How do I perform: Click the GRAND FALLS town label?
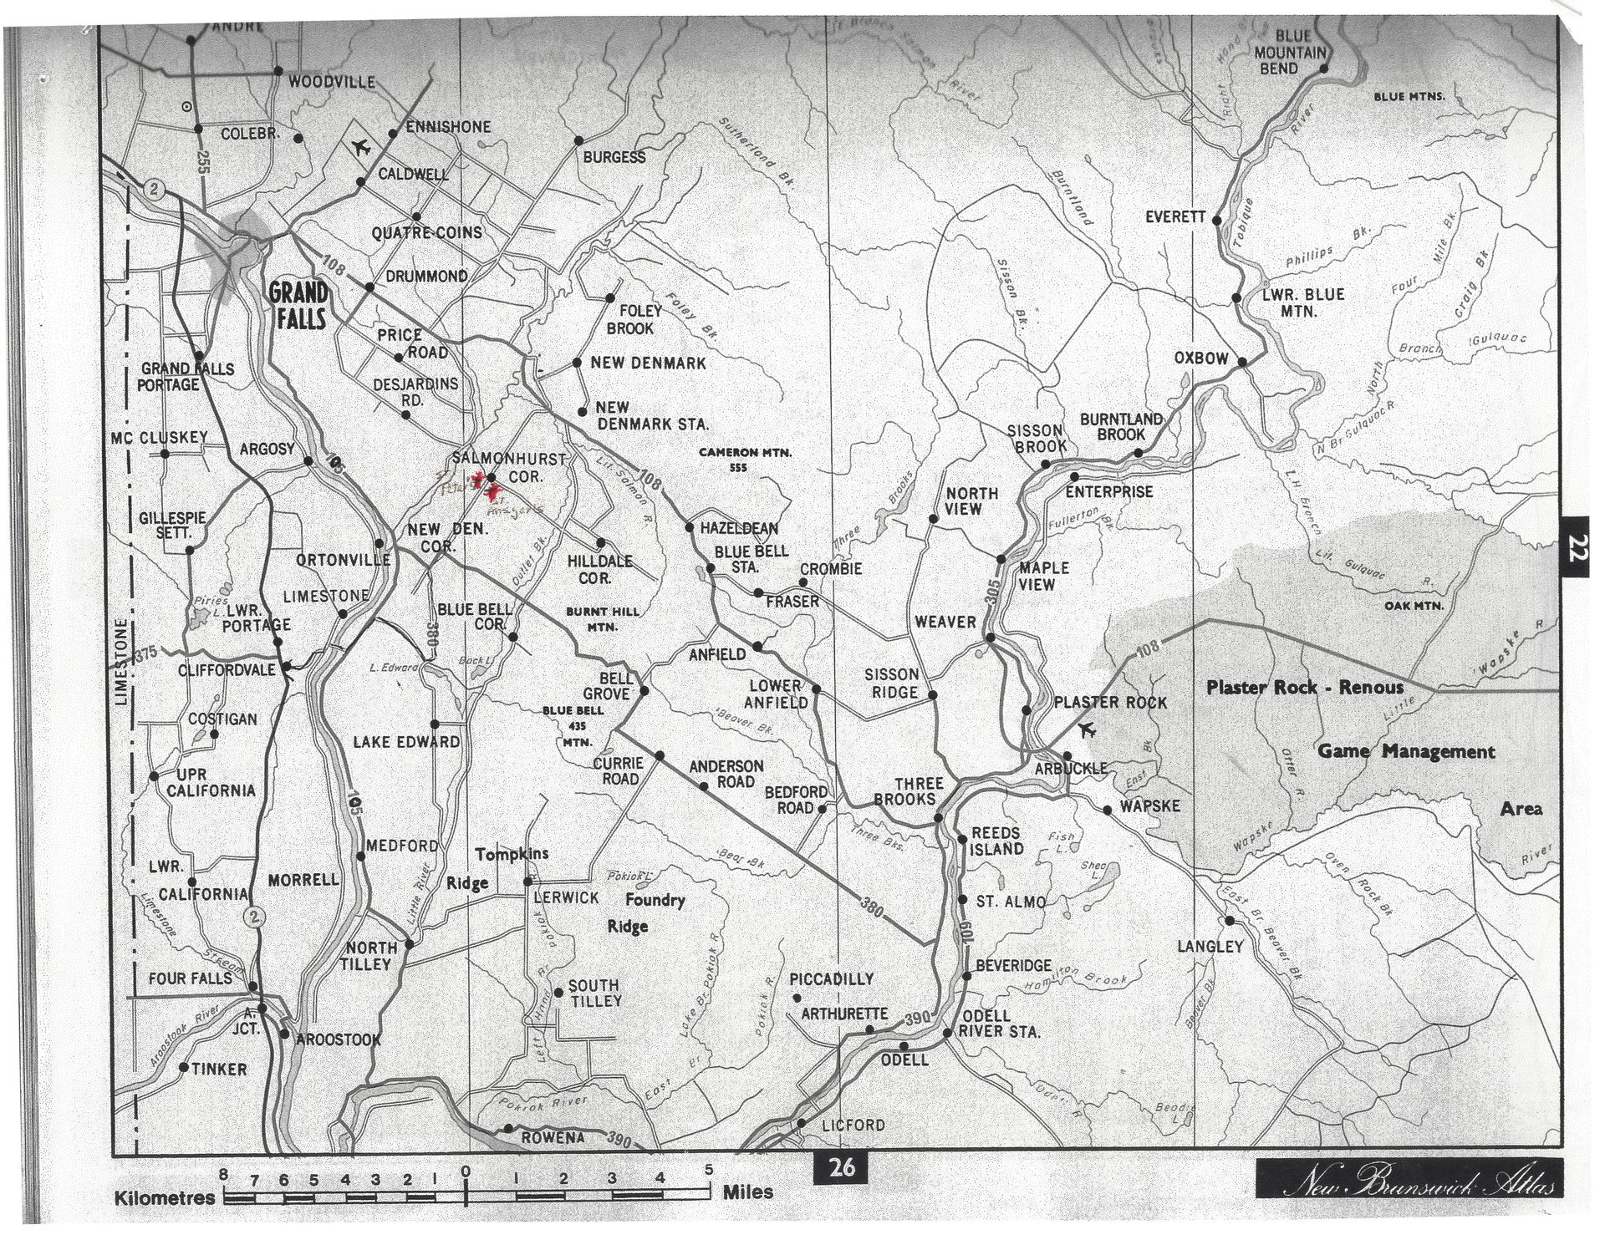coord(298,306)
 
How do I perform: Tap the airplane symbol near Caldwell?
coord(361,149)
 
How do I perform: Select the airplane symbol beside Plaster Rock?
coord(1087,729)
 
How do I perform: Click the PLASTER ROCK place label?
coord(1109,702)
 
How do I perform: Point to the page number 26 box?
coord(841,1166)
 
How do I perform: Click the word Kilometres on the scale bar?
coord(164,1197)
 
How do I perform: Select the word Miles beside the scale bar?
coord(747,1192)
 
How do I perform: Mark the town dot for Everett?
coord(1216,221)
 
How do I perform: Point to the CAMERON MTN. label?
coord(745,453)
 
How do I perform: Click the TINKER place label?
coord(219,1069)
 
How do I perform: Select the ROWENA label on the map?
coord(553,1137)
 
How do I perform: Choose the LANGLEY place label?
coord(1210,947)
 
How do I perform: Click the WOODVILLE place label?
coord(331,82)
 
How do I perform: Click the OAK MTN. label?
coord(1414,606)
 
